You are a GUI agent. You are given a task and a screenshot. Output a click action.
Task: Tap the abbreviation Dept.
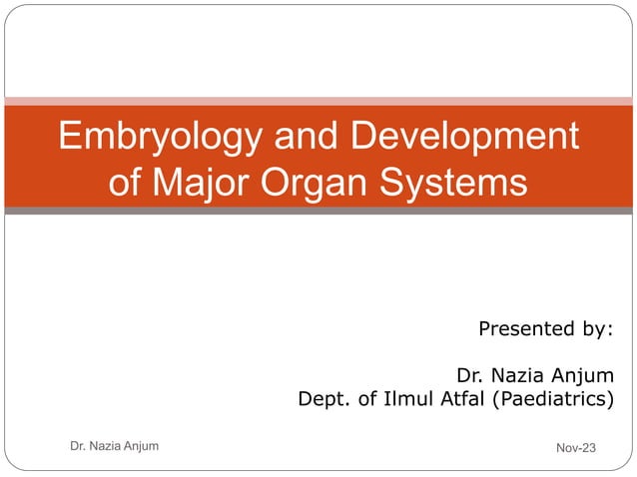pos(324,401)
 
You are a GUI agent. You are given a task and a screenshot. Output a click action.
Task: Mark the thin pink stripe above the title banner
pos(318,101)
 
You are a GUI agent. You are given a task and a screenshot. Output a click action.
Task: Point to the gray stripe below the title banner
pos(318,211)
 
